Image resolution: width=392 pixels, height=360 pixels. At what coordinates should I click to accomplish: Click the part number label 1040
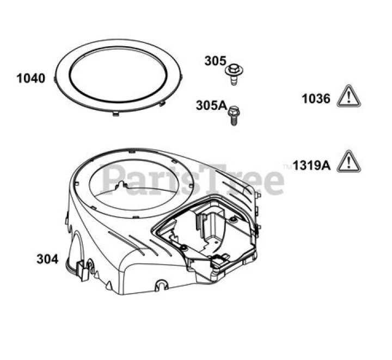(30, 78)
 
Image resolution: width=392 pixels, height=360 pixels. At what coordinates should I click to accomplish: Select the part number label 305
(215, 61)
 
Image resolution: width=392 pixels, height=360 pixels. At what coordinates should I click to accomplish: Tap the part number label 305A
(211, 105)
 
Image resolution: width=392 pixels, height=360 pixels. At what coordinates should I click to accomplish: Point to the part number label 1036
(316, 98)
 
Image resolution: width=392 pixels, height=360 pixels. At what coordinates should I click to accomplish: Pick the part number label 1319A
(312, 165)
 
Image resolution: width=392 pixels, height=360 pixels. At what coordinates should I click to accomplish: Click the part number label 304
(47, 259)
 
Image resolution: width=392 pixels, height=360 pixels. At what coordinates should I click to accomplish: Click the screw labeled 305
(234, 75)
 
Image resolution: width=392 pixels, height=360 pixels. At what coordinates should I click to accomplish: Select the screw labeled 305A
(234, 116)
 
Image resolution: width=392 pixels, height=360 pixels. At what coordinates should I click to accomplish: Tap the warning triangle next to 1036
(349, 96)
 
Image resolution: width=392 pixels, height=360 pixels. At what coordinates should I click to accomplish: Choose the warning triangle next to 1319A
(349, 162)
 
